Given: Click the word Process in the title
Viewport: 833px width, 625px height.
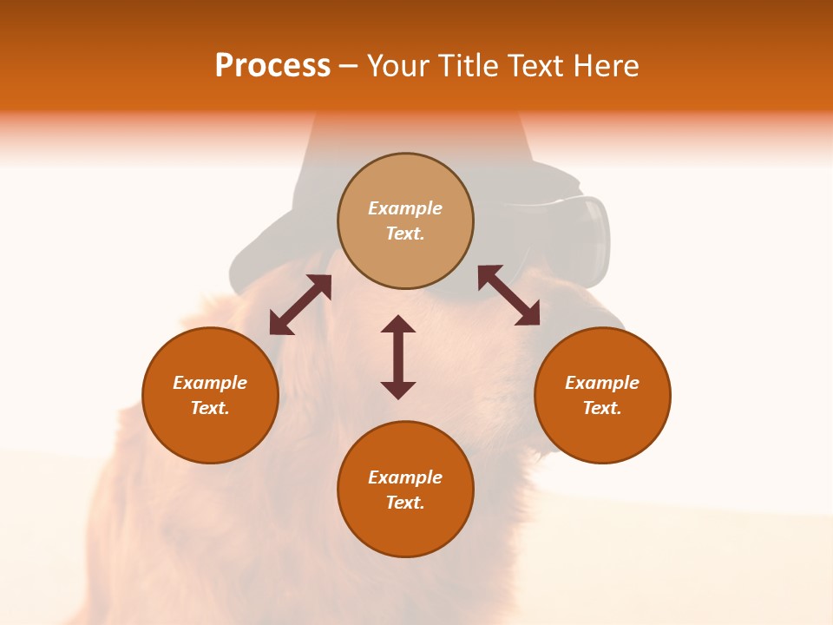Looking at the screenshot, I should (x=272, y=66).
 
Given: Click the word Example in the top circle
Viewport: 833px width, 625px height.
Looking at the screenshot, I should (x=405, y=208).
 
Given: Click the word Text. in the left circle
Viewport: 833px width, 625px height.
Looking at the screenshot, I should (x=210, y=408).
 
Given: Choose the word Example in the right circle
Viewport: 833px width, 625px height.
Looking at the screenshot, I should (x=602, y=383).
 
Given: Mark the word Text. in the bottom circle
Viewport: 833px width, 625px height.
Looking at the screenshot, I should (x=405, y=503).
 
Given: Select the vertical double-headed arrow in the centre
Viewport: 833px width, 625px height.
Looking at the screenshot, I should (x=398, y=357).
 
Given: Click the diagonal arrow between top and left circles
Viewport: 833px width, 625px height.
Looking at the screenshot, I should (x=300, y=305).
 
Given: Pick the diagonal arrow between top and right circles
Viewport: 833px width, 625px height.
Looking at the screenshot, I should (x=508, y=295).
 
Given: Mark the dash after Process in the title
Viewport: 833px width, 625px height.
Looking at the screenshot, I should (x=349, y=66).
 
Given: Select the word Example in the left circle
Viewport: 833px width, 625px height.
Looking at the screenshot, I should (x=210, y=383).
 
